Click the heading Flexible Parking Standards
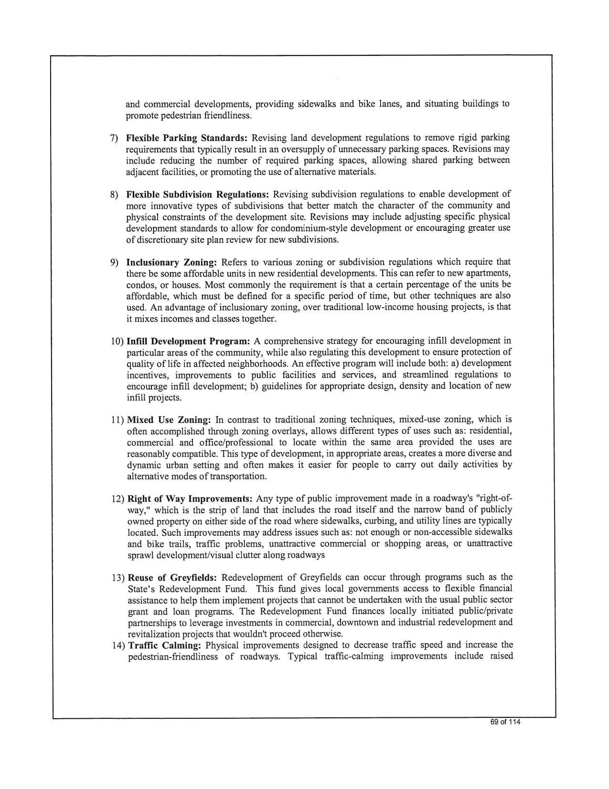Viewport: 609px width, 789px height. [186, 138]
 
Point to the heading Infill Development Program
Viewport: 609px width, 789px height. [189, 341]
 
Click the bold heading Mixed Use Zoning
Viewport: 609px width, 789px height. [169, 420]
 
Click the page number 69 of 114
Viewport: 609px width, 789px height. [505, 722]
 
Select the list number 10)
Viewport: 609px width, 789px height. [118, 341]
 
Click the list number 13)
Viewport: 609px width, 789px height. [118, 577]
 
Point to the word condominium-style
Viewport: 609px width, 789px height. [296, 228]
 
